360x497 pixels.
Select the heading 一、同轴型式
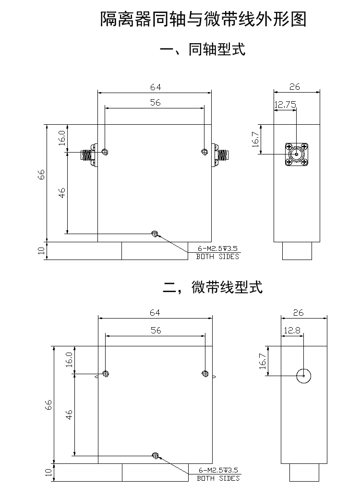[x=203, y=49]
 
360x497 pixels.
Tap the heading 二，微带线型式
[x=213, y=287]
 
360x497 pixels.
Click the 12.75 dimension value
[x=285, y=105]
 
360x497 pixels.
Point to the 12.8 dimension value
[x=292, y=331]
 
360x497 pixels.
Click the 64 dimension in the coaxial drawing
[x=155, y=87]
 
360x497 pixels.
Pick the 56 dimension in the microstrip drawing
[x=156, y=330]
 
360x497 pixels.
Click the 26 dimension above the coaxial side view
[x=295, y=87]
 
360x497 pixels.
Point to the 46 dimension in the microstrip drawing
[x=69, y=415]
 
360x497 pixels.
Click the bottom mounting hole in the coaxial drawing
[x=155, y=234]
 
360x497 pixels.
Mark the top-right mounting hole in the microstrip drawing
[x=205, y=374]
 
